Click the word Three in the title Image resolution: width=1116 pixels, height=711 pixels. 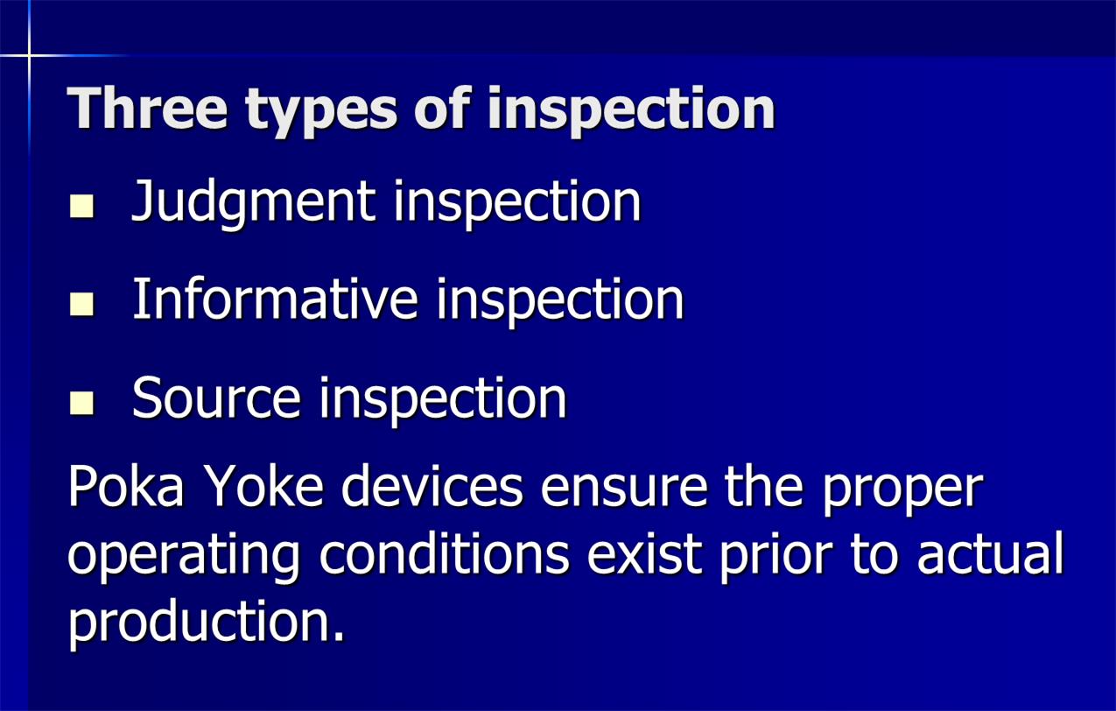(147, 108)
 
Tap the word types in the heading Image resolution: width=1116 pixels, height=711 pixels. (321, 113)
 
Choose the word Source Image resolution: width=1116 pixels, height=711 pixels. (216, 398)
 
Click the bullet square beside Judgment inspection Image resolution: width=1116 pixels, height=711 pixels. (81, 207)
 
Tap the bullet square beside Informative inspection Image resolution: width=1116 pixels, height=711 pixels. (81, 304)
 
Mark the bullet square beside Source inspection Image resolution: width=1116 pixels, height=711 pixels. (81, 403)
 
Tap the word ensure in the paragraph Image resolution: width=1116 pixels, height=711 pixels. (623, 487)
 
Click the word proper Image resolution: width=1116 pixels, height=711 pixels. (902, 492)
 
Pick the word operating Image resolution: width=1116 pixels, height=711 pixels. (183, 558)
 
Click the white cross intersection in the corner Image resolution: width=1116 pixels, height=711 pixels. (29, 55)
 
